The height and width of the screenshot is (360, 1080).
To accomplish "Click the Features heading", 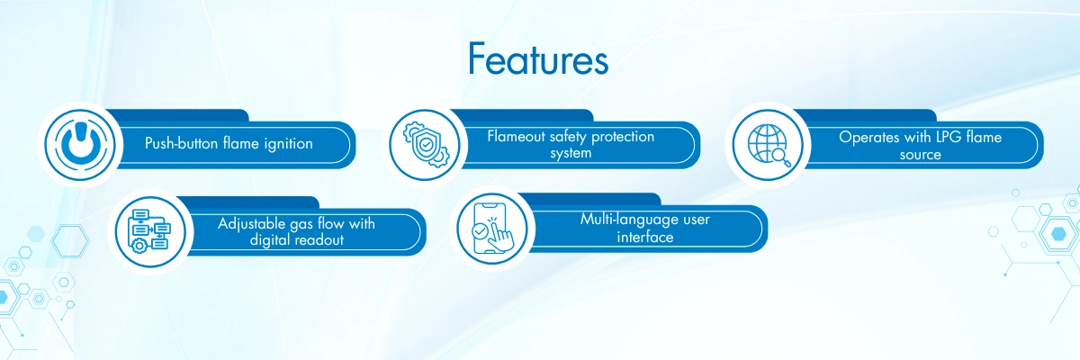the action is coord(537,59).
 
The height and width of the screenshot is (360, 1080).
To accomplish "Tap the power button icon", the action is coord(80,145).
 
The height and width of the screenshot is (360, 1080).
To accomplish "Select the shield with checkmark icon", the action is coord(426,145).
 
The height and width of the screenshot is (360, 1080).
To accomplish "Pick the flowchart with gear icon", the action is coord(149,230).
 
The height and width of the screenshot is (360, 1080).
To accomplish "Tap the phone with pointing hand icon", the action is coord(492,228).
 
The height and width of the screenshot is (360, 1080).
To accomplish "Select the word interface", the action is coord(645,237).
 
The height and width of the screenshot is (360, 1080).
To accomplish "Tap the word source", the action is coord(920,155).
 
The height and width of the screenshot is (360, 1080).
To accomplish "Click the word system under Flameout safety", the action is coord(571,153).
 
